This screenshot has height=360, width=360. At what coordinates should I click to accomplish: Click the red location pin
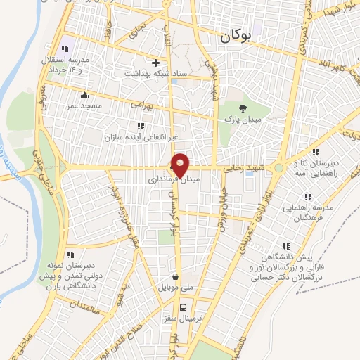coord(181,165)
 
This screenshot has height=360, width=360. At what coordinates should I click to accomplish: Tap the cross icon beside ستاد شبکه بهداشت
coord(156,62)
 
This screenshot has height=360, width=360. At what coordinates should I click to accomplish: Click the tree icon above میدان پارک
coord(243,107)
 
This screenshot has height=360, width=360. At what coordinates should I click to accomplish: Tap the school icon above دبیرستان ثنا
coord(316,151)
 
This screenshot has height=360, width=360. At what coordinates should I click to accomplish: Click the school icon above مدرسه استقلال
coord(65,49)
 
